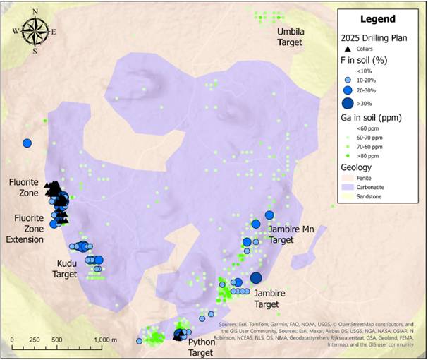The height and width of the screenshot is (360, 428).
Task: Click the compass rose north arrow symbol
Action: (35, 30)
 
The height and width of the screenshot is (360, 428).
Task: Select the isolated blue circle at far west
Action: (27, 143)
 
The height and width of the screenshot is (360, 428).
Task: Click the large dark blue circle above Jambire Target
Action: (256, 277)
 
